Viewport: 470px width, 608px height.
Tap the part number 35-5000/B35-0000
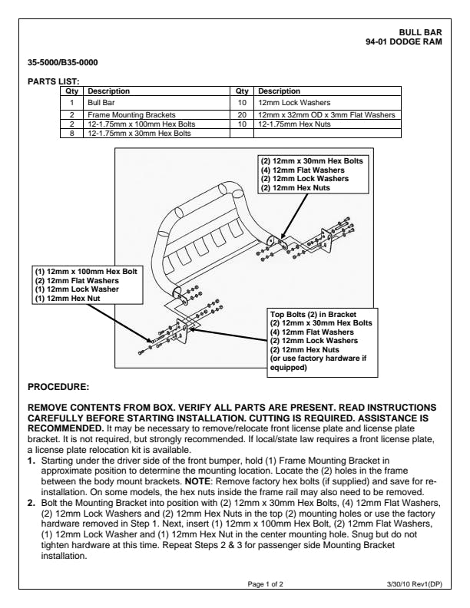(x=62, y=61)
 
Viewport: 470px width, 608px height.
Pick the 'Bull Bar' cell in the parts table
(x=101, y=101)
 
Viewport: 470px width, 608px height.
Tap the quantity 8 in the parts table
(x=71, y=133)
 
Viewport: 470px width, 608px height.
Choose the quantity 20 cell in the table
(x=242, y=114)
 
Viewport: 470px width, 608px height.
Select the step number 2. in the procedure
(x=32, y=501)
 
